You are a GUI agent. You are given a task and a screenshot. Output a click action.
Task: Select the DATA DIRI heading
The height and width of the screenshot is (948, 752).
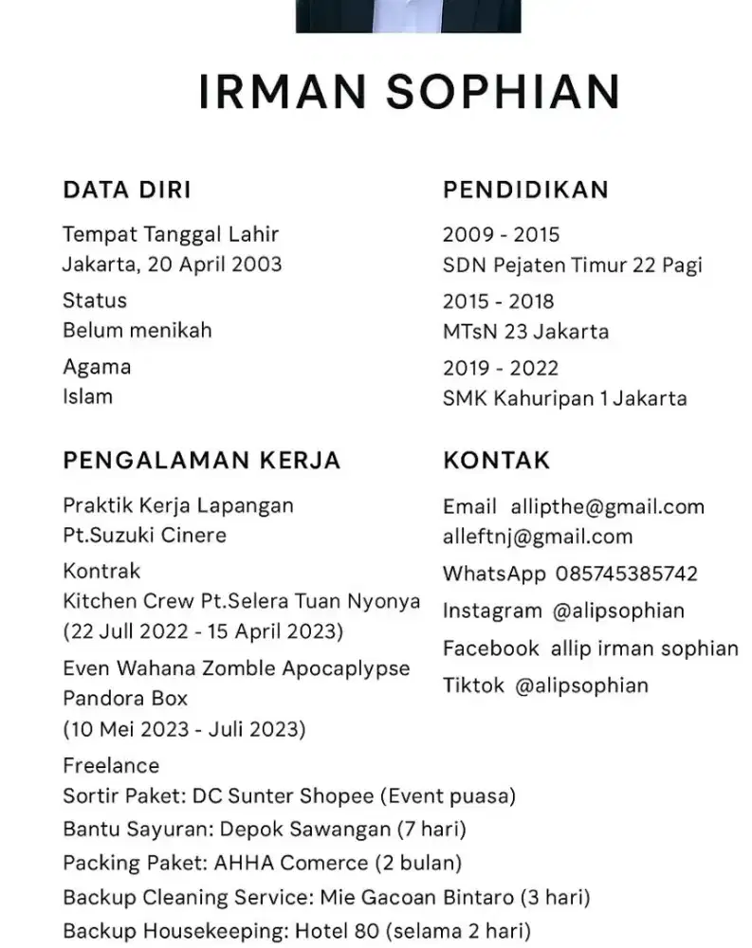pyautogui.click(x=127, y=190)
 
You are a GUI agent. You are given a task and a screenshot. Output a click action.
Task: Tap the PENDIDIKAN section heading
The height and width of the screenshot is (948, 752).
pyautogui.click(x=525, y=190)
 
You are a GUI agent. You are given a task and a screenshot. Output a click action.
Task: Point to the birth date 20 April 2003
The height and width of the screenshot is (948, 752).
pyautogui.click(x=213, y=264)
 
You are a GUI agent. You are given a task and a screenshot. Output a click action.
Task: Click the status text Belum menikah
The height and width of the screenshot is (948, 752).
pyautogui.click(x=138, y=331)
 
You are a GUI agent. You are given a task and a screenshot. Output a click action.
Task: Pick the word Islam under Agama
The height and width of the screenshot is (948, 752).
pyautogui.click(x=87, y=396)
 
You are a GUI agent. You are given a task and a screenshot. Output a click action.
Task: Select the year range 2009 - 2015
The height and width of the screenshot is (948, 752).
pyautogui.click(x=501, y=235)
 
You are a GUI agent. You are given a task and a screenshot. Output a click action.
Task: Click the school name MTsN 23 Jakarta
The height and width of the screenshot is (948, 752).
pyautogui.click(x=525, y=332)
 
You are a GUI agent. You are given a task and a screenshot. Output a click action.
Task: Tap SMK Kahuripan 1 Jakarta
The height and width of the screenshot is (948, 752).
pyautogui.click(x=564, y=398)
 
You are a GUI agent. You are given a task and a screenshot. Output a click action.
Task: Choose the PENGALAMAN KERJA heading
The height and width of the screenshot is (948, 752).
pyautogui.click(x=201, y=461)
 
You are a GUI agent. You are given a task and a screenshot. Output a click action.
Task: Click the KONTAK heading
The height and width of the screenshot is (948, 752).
pyautogui.click(x=496, y=461)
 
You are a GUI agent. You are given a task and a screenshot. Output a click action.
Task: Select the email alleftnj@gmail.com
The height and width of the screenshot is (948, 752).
pyautogui.click(x=537, y=537)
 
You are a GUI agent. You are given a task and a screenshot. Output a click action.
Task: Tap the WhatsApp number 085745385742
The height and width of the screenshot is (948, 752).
pyautogui.click(x=626, y=574)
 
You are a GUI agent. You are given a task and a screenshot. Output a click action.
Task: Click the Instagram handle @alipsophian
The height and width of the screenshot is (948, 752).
pyautogui.click(x=618, y=611)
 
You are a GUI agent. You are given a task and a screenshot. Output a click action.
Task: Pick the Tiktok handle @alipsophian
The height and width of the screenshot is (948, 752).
pyautogui.click(x=581, y=685)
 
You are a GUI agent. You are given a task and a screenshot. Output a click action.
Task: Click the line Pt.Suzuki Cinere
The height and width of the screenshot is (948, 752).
pyautogui.click(x=144, y=536)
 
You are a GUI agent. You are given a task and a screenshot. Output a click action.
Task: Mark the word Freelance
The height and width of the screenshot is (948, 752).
pyautogui.click(x=111, y=765)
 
